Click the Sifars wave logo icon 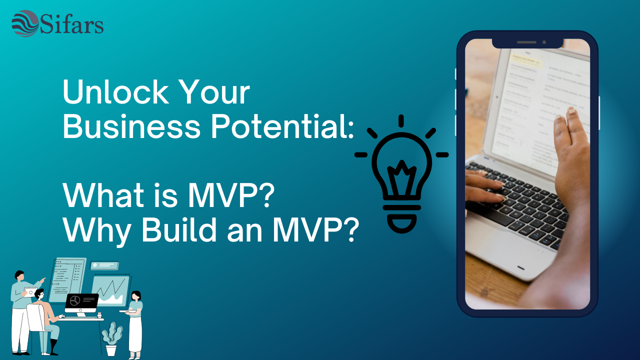click(25, 23)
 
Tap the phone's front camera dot click(544, 42)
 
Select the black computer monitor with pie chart click(81, 302)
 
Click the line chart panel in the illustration click(110, 290)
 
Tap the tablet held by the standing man click(31, 291)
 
